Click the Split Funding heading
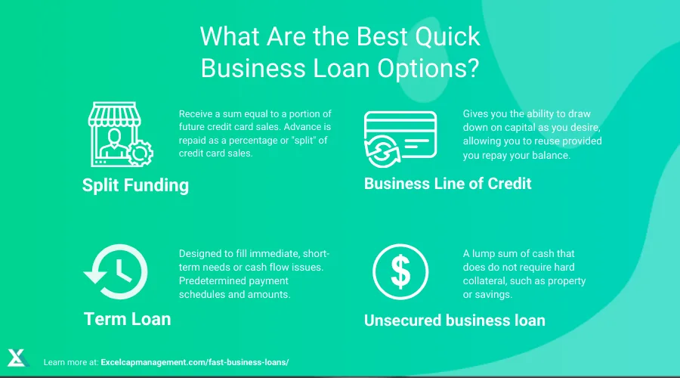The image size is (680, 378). click(x=135, y=185)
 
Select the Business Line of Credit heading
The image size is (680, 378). click(x=448, y=183)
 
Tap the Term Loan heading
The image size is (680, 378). click(x=127, y=318)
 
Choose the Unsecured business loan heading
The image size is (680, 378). click(x=454, y=320)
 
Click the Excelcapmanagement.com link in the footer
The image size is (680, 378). click(x=194, y=363)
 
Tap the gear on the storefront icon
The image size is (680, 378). click(x=138, y=153)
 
